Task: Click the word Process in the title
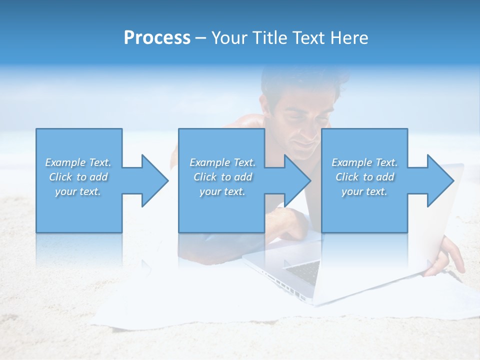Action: tap(157, 38)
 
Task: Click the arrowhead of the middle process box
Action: tap(297, 180)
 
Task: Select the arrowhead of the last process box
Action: tap(440, 180)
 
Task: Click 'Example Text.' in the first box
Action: tap(78, 162)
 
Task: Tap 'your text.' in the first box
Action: tap(78, 191)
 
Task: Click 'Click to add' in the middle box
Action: tap(222, 177)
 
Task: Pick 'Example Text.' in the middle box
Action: tap(222, 162)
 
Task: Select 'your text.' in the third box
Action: tap(364, 191)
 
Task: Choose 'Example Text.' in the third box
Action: tap(364, 162)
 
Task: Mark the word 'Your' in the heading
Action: tap(228, 38)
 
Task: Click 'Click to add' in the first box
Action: tap(78, 177)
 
